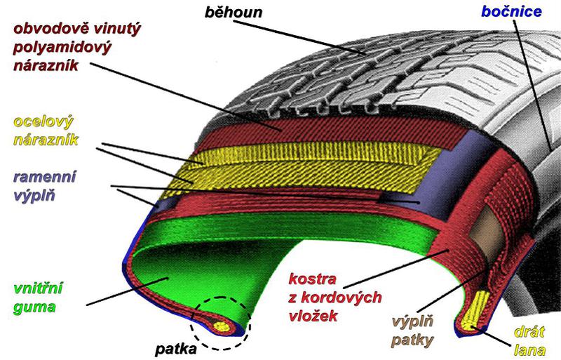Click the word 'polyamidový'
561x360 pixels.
tap(64, 48)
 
